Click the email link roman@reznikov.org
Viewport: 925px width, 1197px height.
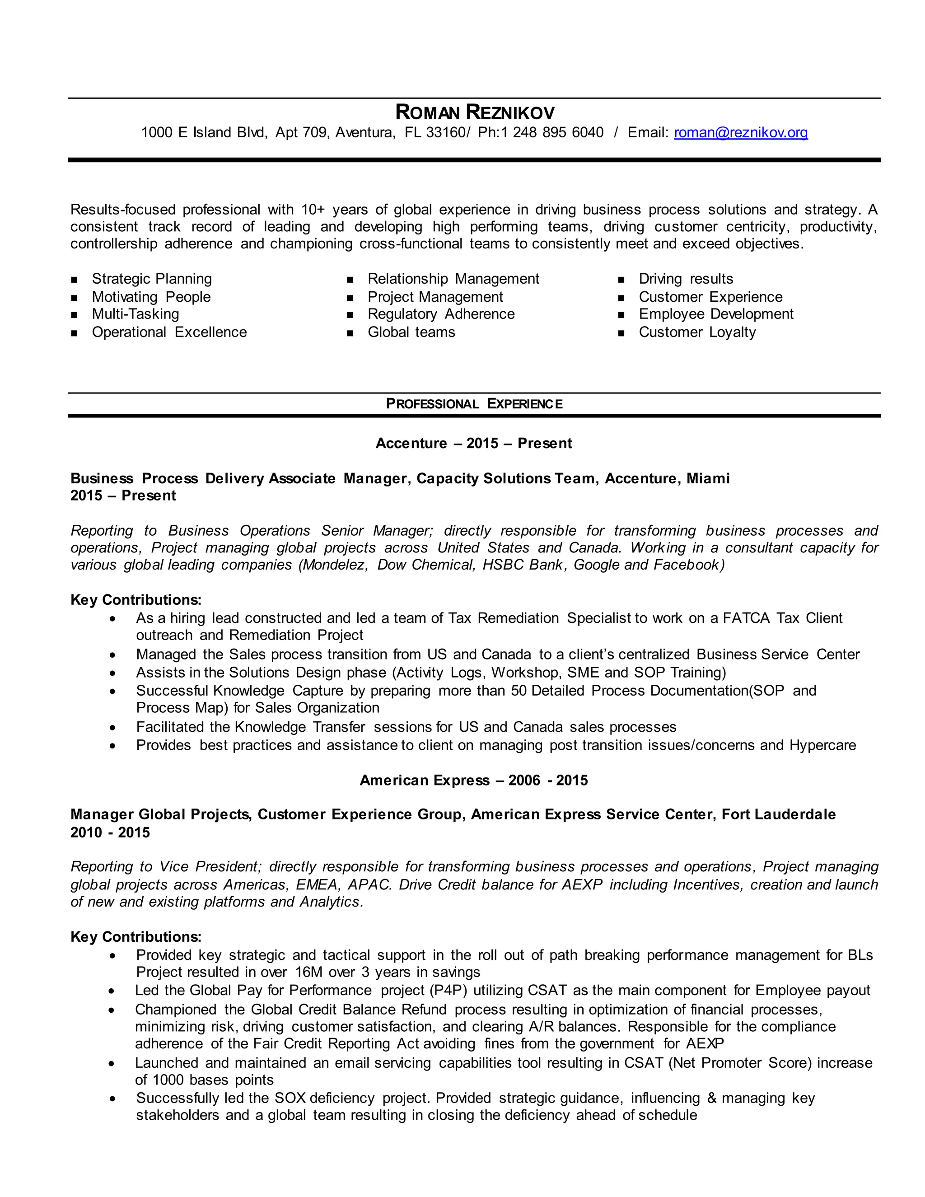coord(740,133)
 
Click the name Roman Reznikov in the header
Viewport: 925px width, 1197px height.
coord(475,113)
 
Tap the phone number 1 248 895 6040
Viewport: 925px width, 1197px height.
coord(558,133)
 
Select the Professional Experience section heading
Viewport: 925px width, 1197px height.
coord(474,404)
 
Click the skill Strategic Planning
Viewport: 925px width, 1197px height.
coord(152,279)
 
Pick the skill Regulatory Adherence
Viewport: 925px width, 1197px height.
coord(441,314)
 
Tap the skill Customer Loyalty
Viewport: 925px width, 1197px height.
coord(697,332)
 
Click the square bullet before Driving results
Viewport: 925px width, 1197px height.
coord(621,280)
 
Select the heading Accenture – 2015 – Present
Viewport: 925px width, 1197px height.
coord(473,444)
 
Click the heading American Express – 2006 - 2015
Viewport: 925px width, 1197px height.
coord(473,781)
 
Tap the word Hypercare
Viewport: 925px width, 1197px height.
coord(822,745)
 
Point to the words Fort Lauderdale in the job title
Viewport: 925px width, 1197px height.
coord(778,814)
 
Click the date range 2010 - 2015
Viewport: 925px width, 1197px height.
coord(110,832)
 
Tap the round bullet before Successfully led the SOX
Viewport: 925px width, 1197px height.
coord(112,1099)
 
